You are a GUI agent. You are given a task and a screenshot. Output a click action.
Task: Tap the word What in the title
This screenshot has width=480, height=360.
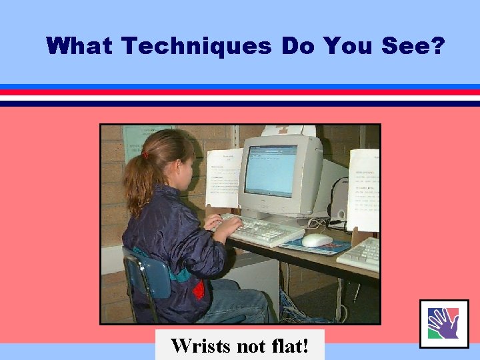81,46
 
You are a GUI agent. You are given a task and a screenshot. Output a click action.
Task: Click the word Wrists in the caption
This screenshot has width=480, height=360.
198,346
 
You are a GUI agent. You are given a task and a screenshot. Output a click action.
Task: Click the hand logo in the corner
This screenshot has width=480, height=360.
443,323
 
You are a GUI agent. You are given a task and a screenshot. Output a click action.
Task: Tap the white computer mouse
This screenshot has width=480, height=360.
317,240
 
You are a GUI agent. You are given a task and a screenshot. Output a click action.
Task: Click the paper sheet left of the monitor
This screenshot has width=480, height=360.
224,177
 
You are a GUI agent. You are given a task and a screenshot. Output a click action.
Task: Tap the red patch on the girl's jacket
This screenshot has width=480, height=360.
198,289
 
